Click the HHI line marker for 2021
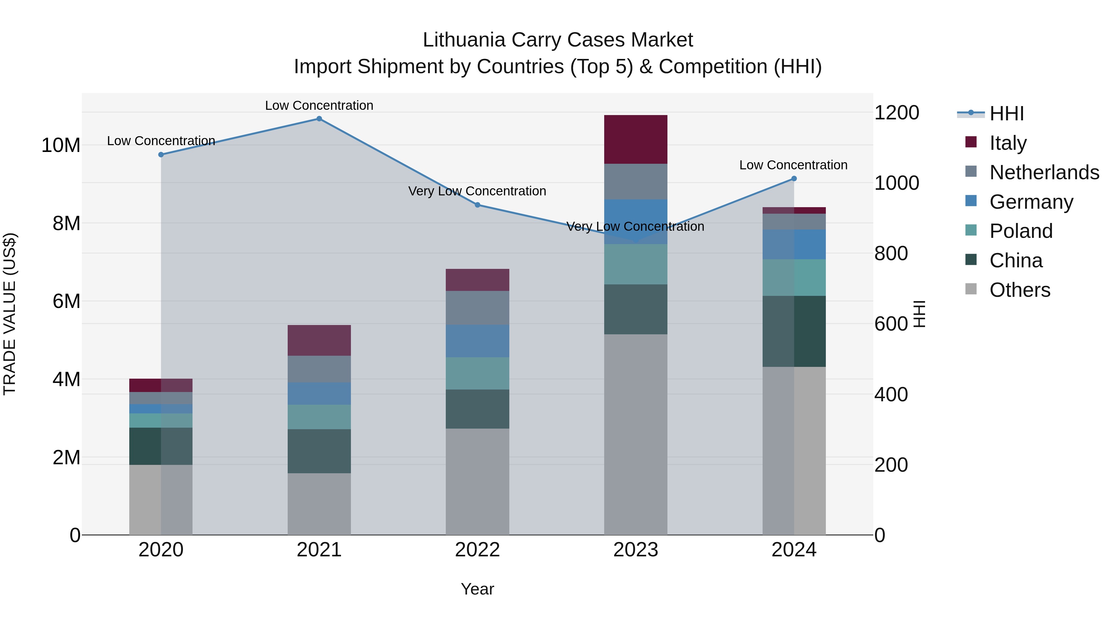(319, 119)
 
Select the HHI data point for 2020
(161, 155)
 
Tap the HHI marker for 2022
(477, 205)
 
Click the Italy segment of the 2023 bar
(635, 140)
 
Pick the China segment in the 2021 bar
(319, 451)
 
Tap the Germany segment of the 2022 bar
(477, 341)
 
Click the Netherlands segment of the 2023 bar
(635, 182)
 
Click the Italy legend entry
(1008, 143)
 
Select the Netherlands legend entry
(1044, 172)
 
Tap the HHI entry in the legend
(1006, 114)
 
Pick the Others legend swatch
(971, 289)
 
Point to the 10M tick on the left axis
(61, 145)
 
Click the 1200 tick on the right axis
(896, 113)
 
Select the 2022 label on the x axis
(477, 550)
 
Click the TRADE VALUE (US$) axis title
(10, 314)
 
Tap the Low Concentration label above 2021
(319, 105)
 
